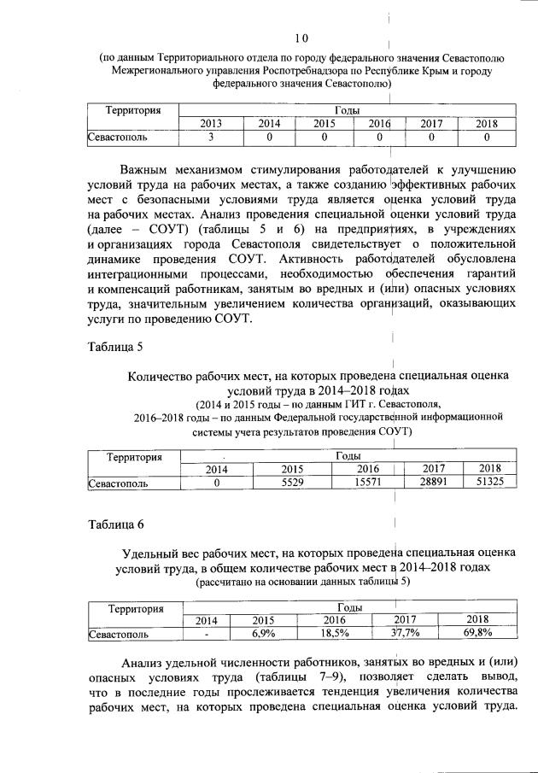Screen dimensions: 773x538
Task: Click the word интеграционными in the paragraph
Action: [x=143, y=275]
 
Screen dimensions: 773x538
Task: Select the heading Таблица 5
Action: [x=114, y=346]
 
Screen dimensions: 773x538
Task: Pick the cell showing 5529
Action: [x=292, y=483]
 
